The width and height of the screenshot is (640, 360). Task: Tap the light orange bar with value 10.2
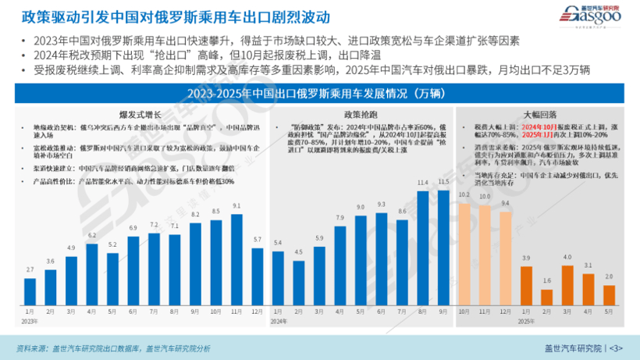[x=464, y=255]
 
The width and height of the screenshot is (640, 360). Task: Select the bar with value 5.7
[x=257, y=276]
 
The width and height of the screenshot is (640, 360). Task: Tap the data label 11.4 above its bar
[x=423, y=183]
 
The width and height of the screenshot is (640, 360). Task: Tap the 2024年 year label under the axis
[x=279, y=321]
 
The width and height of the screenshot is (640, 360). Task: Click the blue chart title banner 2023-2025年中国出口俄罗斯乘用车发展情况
[x=319, y=94]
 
